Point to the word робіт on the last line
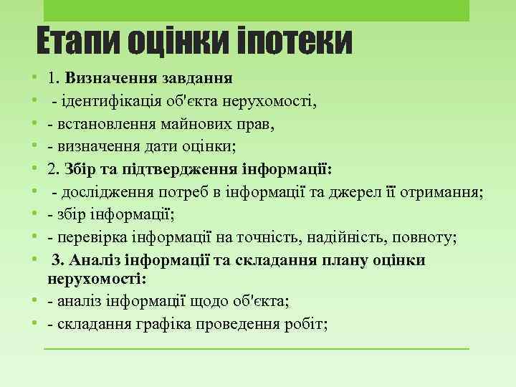point(309,324)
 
